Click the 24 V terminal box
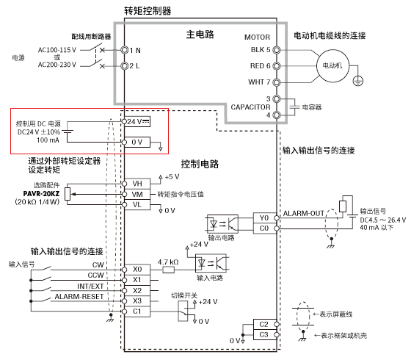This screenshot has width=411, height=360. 138,120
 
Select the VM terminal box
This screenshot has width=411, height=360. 137,195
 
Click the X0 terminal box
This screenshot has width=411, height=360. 137,270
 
